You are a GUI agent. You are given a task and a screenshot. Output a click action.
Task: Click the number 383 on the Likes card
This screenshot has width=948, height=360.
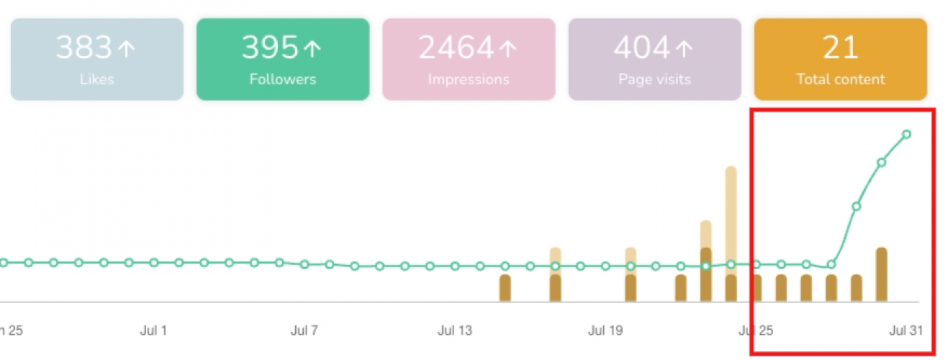pos(84,48)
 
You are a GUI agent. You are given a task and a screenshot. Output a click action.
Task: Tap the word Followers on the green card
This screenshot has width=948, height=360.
pos(283,79)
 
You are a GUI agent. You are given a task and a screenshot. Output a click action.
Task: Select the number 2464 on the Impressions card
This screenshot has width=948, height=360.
pos(456,48)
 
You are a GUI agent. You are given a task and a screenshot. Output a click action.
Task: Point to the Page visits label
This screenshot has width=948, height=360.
pos(654,79)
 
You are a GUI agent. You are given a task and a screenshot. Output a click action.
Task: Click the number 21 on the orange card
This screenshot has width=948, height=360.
pos(840,48)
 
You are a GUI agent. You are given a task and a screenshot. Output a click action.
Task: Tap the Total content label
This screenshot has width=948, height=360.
pos(840,79)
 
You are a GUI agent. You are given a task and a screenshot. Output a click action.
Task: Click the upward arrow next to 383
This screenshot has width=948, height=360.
pos(126,49)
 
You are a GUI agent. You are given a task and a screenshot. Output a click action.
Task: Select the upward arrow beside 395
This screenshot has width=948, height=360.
pos(312,49)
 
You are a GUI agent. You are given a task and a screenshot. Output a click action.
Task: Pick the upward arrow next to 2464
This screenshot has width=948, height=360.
pos(507,49)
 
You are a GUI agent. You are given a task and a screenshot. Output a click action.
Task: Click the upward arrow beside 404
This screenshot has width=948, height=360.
pos(685,49)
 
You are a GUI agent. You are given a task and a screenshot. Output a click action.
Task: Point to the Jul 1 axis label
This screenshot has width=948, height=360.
pos(153,331)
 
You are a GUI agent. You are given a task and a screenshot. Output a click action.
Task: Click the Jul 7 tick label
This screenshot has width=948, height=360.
pos(304,331)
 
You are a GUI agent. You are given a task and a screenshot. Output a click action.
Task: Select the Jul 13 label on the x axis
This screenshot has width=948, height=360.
pos(455,331)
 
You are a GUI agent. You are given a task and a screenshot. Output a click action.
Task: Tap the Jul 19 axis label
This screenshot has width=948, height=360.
pos(605,331)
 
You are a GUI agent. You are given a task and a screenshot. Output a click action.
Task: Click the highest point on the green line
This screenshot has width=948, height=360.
pos(906,134)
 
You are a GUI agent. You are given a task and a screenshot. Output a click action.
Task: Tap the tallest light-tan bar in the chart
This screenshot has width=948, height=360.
pos(731,216)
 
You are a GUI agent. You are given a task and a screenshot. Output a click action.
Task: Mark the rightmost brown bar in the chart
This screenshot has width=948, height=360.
pos(881,274)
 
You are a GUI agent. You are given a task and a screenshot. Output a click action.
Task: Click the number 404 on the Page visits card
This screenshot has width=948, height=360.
pos(642,48)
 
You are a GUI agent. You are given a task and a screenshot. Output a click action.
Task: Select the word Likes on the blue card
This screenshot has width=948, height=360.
pos(96,79)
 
